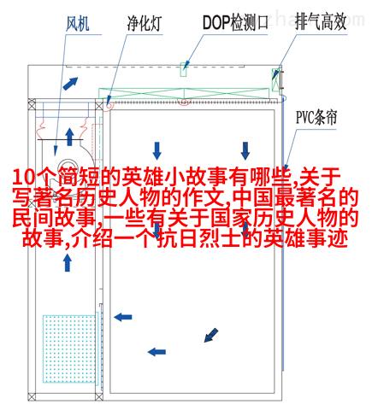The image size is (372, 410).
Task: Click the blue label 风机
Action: [x=78, y=24]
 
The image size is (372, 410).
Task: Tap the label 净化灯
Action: [x=145, y=24]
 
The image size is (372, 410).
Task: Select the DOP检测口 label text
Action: [x=235, y=23]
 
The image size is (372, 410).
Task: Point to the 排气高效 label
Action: [x=321, y=22]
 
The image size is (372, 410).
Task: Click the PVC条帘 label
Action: [x=316, y=117]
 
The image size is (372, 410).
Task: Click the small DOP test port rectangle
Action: [x=184, y=69]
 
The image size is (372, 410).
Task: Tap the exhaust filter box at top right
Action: [x=275, y=79]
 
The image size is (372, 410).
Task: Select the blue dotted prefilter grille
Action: [x=69, y=348]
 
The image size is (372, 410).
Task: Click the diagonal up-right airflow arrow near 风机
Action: [x=70, y=84]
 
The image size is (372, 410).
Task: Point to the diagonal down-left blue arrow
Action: [x=211, y=335]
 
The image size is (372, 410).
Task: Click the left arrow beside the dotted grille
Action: [x=123, y=317]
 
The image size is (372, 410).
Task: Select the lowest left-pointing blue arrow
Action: [x=156, y=352]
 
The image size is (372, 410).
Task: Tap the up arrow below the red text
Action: [x=68, y=263]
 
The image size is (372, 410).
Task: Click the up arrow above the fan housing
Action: [x=69, y=137]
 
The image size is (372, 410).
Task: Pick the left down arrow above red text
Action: [x=156, y=150]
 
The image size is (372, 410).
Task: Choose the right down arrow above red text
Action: [x=245, y=150]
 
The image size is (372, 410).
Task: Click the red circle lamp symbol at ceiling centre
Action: [x=184, y=102]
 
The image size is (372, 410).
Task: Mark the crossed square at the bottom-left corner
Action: [x=32, y=397]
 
